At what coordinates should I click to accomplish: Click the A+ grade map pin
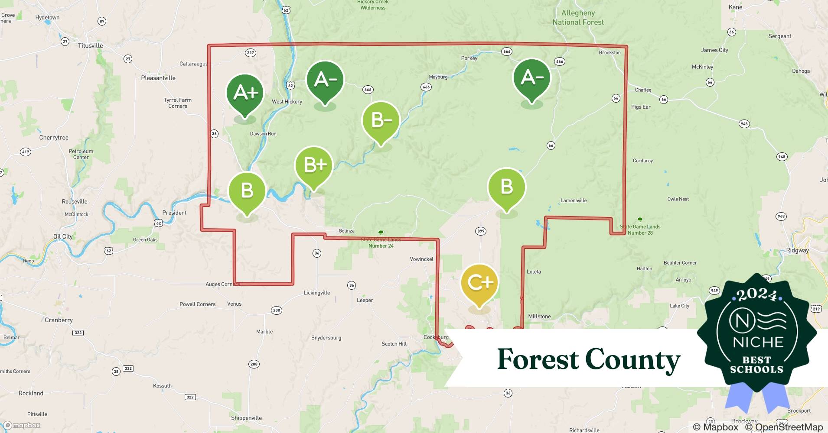point(245,93)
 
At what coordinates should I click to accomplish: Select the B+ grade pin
point(314,165)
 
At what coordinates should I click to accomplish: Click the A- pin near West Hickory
point(325,80)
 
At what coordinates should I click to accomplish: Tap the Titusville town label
point(91,45)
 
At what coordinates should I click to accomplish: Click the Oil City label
point(63,236)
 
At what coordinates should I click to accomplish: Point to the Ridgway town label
point(797,250)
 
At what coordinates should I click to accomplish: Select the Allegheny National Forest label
point(578,18)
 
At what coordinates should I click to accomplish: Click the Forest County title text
point(588,359)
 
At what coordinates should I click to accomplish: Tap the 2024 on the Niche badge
point(756,295)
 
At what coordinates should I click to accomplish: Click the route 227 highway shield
point(251,53)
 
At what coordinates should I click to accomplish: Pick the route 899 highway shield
point(481,231)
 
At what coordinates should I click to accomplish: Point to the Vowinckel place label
point(421,259)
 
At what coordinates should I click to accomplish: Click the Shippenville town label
point(246,418)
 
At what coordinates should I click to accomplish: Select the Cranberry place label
point(59,320)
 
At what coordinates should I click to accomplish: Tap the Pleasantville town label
point(158,78)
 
